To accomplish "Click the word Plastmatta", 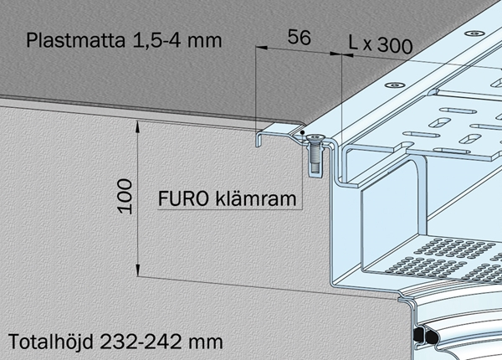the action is [x=75, y=40].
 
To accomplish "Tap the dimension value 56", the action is [x=299, y=37].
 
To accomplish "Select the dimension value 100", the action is [x=125, y=196].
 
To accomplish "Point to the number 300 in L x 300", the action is [x=395, y=45].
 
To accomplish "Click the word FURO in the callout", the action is [x=183, y=198].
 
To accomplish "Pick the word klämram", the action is [x=256, y=198].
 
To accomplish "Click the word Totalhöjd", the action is [x=50, y=342].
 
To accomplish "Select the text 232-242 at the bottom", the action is [x=141, y=342].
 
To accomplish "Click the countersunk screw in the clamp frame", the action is [x=315, y=154].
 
